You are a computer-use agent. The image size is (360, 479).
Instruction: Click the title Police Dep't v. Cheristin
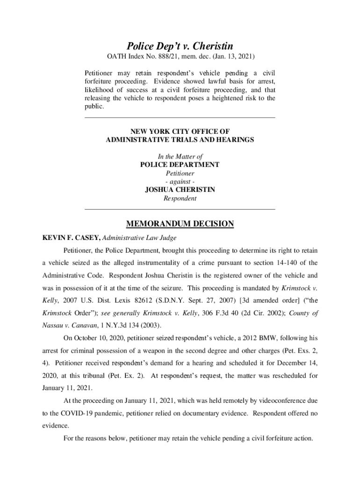pos(180,46)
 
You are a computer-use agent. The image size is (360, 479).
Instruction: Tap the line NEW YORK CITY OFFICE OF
pos(180,132)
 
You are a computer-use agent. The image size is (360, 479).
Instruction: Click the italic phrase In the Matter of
pos(180,157)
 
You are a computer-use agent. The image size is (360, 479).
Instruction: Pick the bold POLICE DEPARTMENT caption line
pos(180,165)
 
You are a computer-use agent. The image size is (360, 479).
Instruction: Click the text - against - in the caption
pos(180,181)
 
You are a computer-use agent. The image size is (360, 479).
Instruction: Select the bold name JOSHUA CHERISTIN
pos(180,190)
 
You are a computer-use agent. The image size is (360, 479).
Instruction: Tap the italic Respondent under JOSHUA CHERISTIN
pos(180,198)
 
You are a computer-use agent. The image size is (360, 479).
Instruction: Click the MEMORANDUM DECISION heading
pos(180,224)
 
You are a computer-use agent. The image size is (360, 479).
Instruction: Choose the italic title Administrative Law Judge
pos(139,238)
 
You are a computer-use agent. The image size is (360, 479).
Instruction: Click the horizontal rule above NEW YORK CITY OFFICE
pos(180,117)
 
